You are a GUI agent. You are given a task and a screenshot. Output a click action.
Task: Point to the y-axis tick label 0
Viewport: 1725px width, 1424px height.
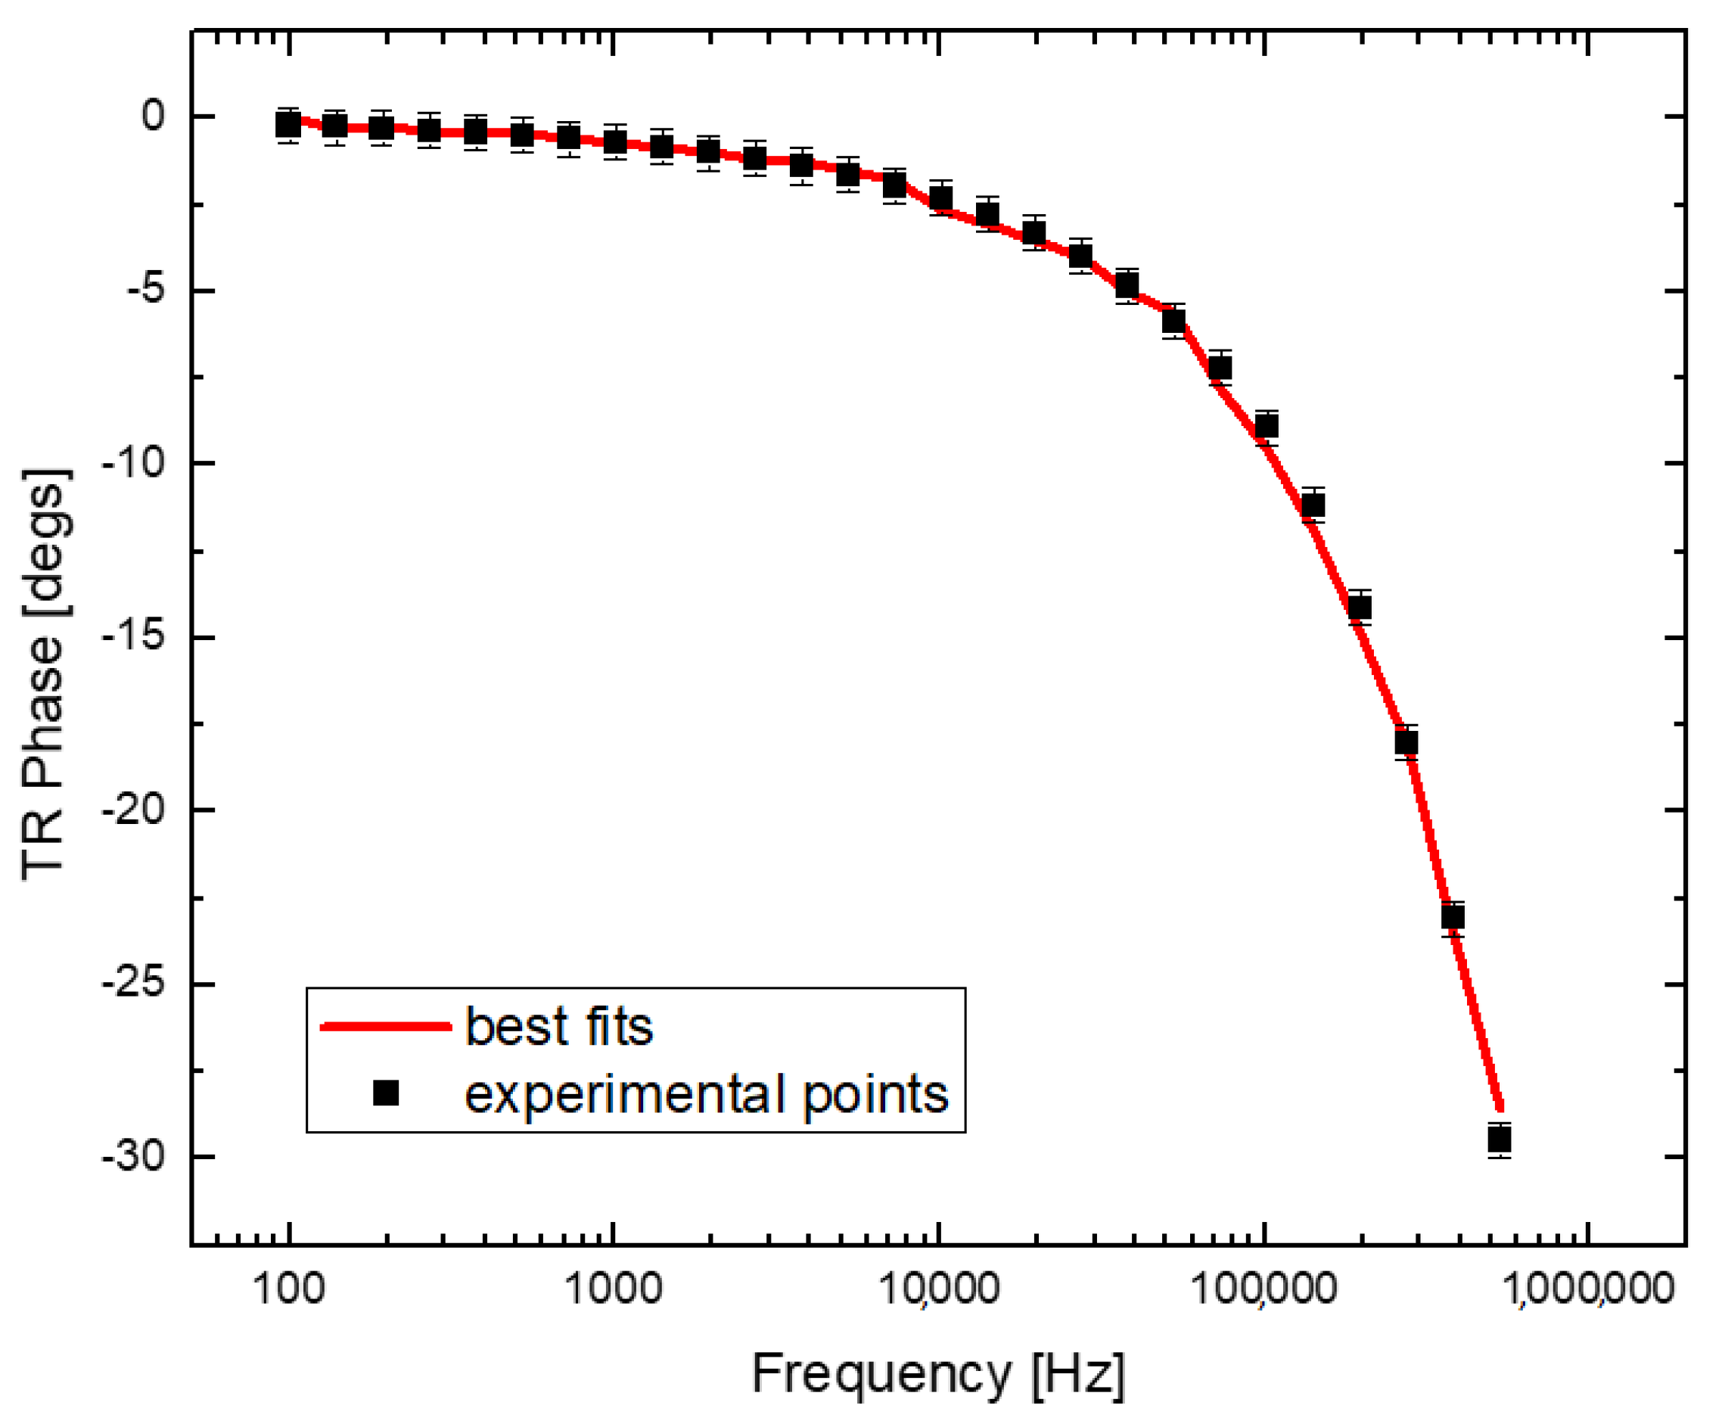click(154, 116)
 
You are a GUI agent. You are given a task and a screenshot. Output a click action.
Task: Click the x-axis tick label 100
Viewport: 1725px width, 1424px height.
click(289, 1289)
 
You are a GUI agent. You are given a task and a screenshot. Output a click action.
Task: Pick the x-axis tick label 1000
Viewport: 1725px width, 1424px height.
click(613, 1289)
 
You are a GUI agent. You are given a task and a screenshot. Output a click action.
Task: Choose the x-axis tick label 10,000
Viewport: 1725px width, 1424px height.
click(938, 1289)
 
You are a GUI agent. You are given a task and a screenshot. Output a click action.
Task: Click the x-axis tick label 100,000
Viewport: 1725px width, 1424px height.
click(1263, 1289)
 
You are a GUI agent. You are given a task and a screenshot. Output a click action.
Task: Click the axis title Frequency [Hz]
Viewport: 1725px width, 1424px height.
click(937, 1373)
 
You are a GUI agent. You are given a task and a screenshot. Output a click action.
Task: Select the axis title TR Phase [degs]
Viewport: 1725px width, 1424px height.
click(46, 675)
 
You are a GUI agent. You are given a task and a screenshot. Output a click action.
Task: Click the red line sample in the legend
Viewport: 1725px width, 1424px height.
click(386, 1026)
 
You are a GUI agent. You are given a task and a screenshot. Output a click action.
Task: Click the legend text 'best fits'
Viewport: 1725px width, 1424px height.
click(558, 1026)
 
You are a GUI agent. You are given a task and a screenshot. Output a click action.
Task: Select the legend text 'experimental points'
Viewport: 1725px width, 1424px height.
click(706, 1094)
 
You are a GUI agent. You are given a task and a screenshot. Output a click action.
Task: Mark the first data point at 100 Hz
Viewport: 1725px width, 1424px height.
click(288, 125)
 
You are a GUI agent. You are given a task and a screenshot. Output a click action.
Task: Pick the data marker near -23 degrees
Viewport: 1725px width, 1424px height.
click(1453, 917)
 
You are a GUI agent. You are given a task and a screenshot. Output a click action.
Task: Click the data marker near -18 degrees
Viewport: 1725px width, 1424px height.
click(1406, 743)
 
